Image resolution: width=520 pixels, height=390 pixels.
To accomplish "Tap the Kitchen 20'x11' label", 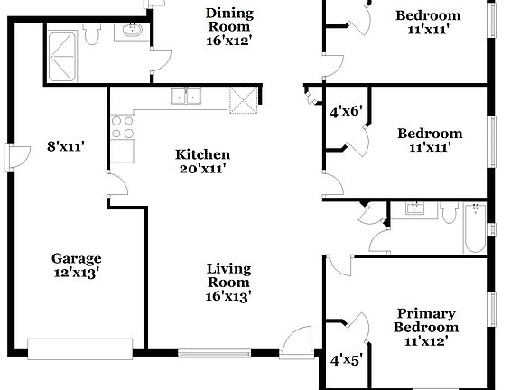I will (202, 162).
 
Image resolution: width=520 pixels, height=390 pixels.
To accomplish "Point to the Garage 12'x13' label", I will (76, 266).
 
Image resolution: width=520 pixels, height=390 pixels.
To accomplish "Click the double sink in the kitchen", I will (187, 97).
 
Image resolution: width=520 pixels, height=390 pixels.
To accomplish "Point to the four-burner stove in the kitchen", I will (121, 128).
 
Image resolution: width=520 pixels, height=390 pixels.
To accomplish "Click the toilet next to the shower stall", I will (91, 34).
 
